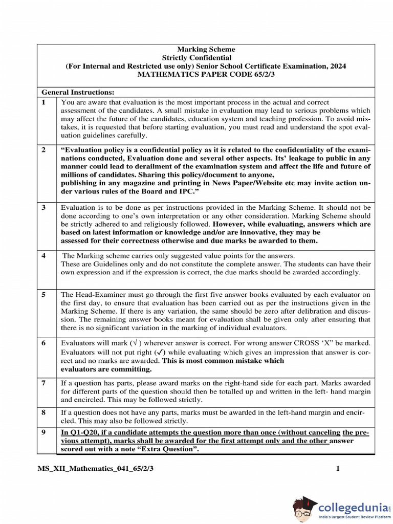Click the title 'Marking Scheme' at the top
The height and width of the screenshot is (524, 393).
point(206,50)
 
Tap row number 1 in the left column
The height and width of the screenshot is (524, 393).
point(44,102)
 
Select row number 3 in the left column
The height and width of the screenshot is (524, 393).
point(44,208)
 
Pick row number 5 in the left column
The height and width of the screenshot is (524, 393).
point(44,295)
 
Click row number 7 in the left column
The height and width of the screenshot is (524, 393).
point(44,383)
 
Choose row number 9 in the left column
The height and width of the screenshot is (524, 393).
point(44,432)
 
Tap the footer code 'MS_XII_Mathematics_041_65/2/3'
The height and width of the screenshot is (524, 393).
point(95,468)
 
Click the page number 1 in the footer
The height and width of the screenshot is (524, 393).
point(338,468)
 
